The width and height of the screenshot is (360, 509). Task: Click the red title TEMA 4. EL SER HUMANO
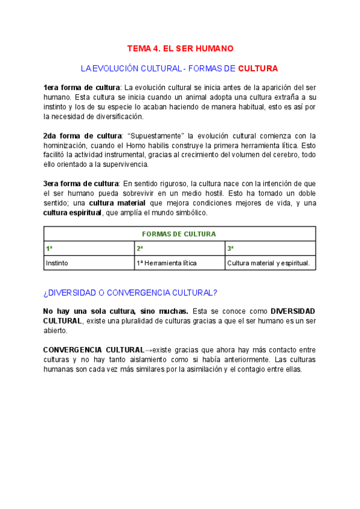click(180, 48)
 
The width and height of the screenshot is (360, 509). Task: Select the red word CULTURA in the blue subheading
click(258, 68)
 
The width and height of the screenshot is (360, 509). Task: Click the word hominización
click(67, 145)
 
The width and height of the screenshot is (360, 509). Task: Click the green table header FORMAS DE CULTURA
click(179, 234)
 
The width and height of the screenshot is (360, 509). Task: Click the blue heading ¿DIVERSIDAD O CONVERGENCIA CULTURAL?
click(130, 293)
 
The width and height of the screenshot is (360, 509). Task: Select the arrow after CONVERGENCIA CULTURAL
click(148, 350)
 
